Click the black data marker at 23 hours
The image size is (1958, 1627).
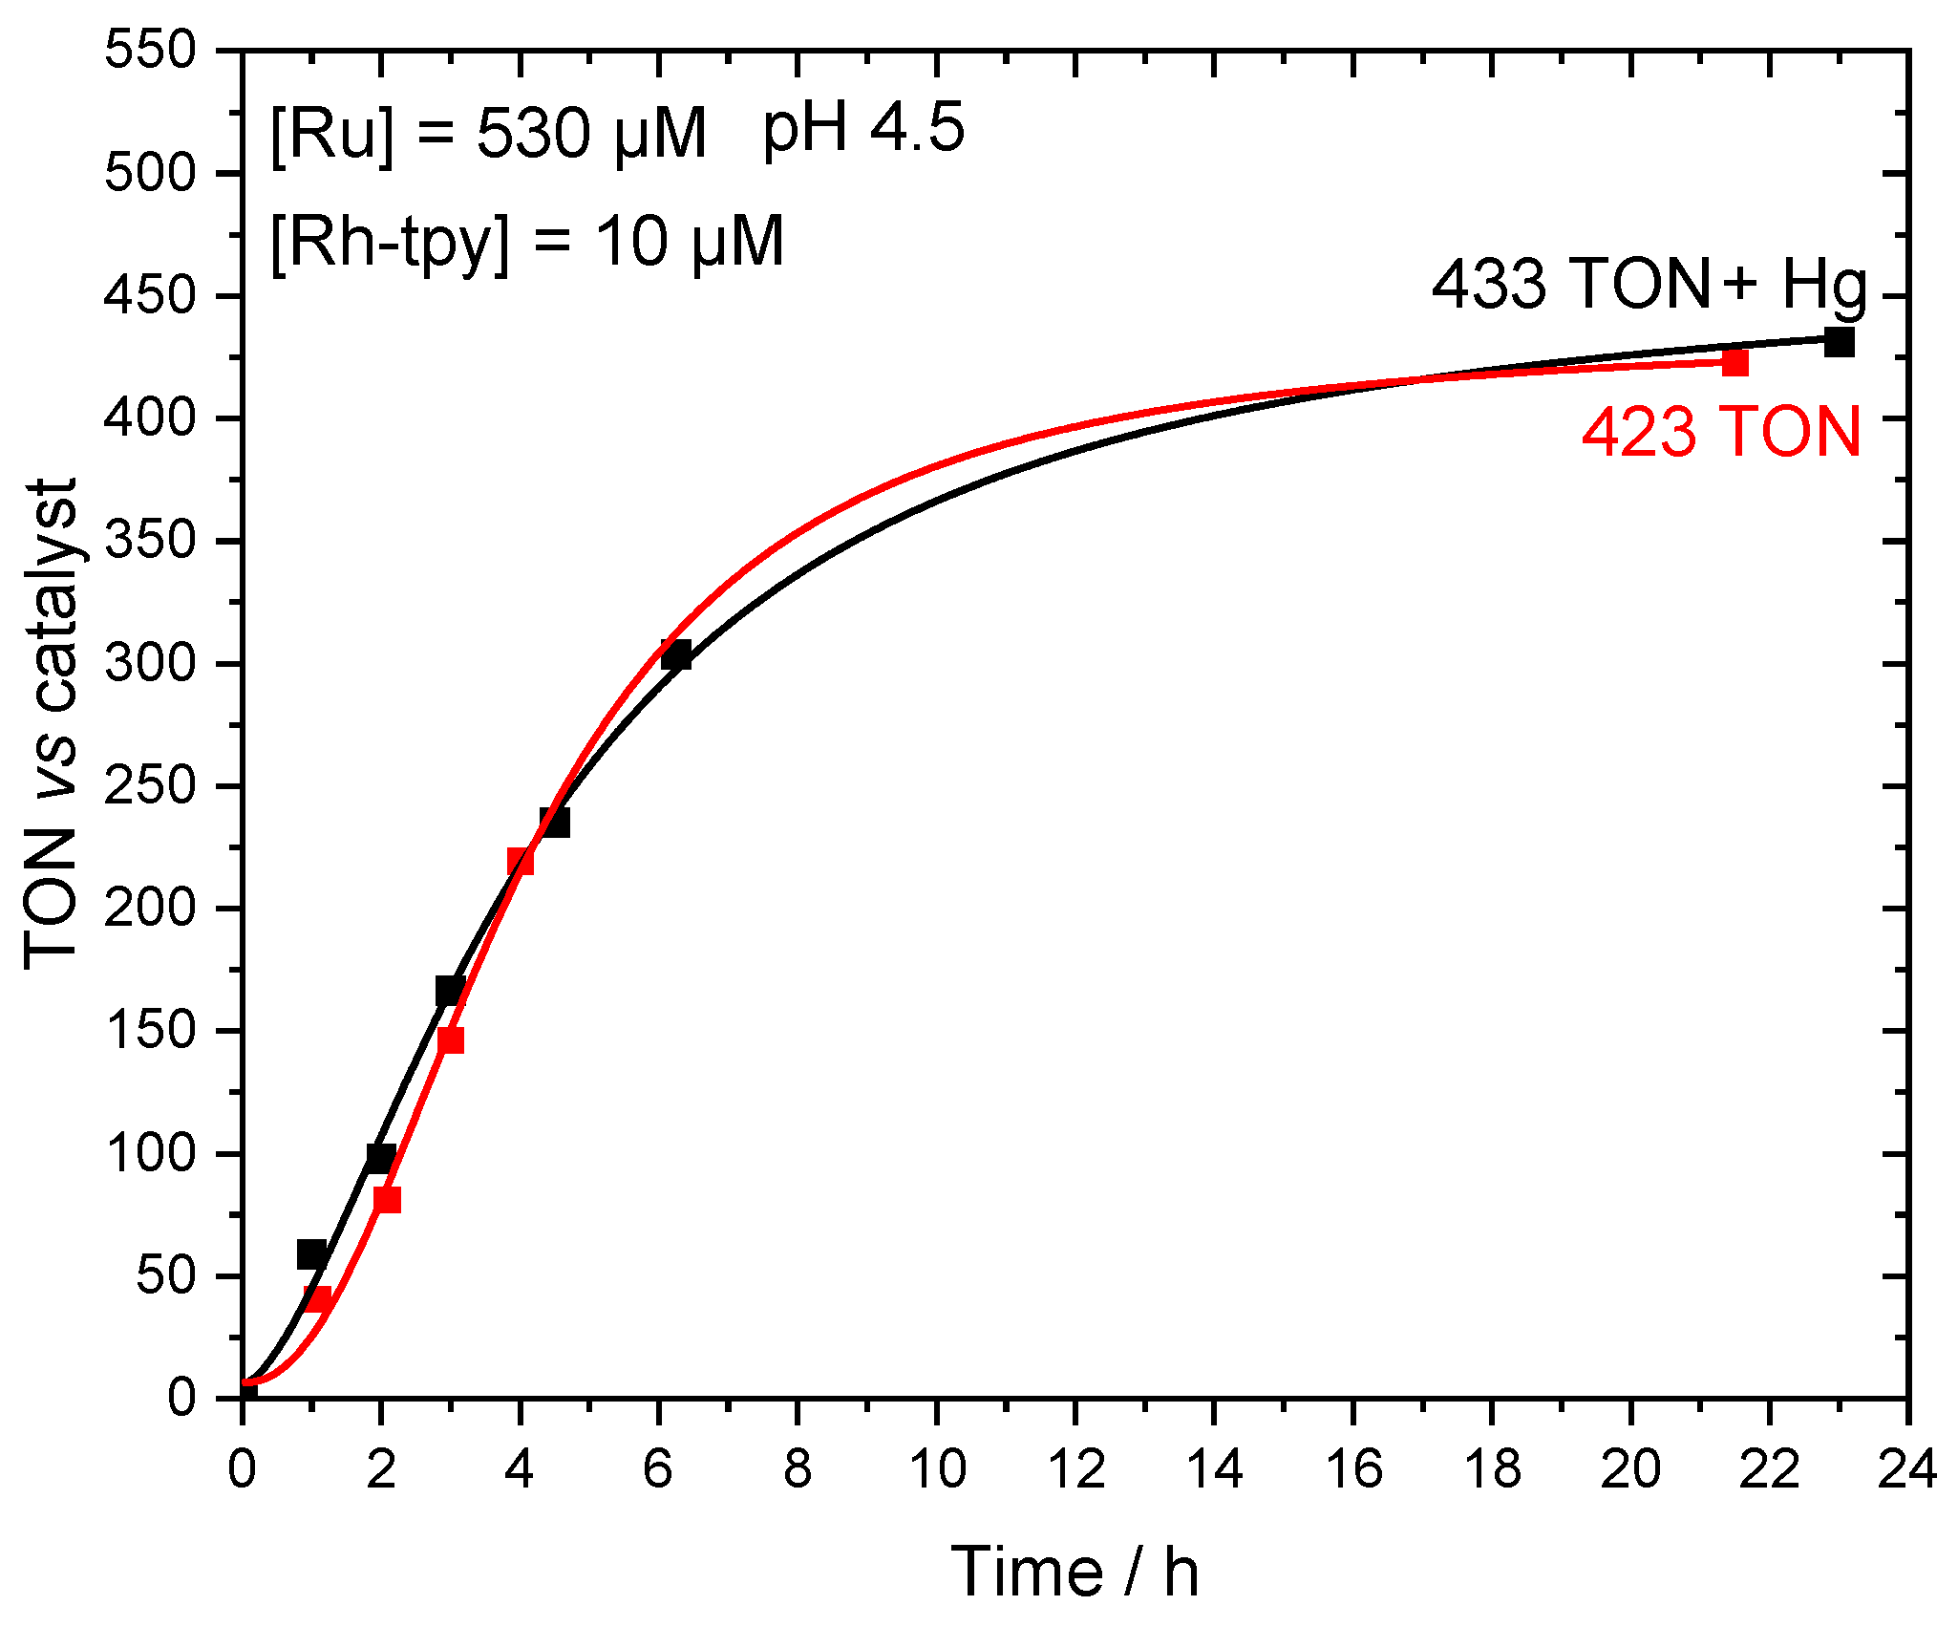pyautogui.click(x=1839, y=342)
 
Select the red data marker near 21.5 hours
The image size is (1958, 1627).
pyautogui.click(x=1735, y=363)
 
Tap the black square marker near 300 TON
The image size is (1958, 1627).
pyautogui.click(x=676, y=655)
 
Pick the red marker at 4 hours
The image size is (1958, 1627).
pyautogui.click(x=520, y=861)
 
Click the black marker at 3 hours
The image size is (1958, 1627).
pyautogui.click(x=450, y=991)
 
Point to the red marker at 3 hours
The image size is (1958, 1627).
pyautogui.click(x=451, y=1040)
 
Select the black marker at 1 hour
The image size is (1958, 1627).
pyautogui.click(x=311, y=1254)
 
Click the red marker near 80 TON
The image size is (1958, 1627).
pyautogui.click(x=387, y=1199)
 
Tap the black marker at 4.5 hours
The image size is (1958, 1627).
pyautogui.click(x=555, y=823)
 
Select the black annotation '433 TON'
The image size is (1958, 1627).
pyautogui.click(x=1571, y=284)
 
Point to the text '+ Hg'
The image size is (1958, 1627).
pyautogui.click(x=1796, y=284)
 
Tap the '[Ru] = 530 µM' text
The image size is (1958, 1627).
pyautogui.click(x=488, y=134)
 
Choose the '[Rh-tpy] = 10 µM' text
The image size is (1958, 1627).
pyautogui.click(x=526, y=242)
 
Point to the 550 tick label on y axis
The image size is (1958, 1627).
pyautogui.click(x=150, y=50)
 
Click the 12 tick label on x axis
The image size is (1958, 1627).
pyautogui.click(x=1076, y=1468)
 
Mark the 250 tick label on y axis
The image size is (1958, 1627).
pyautogui.click(x=150, y=786)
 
